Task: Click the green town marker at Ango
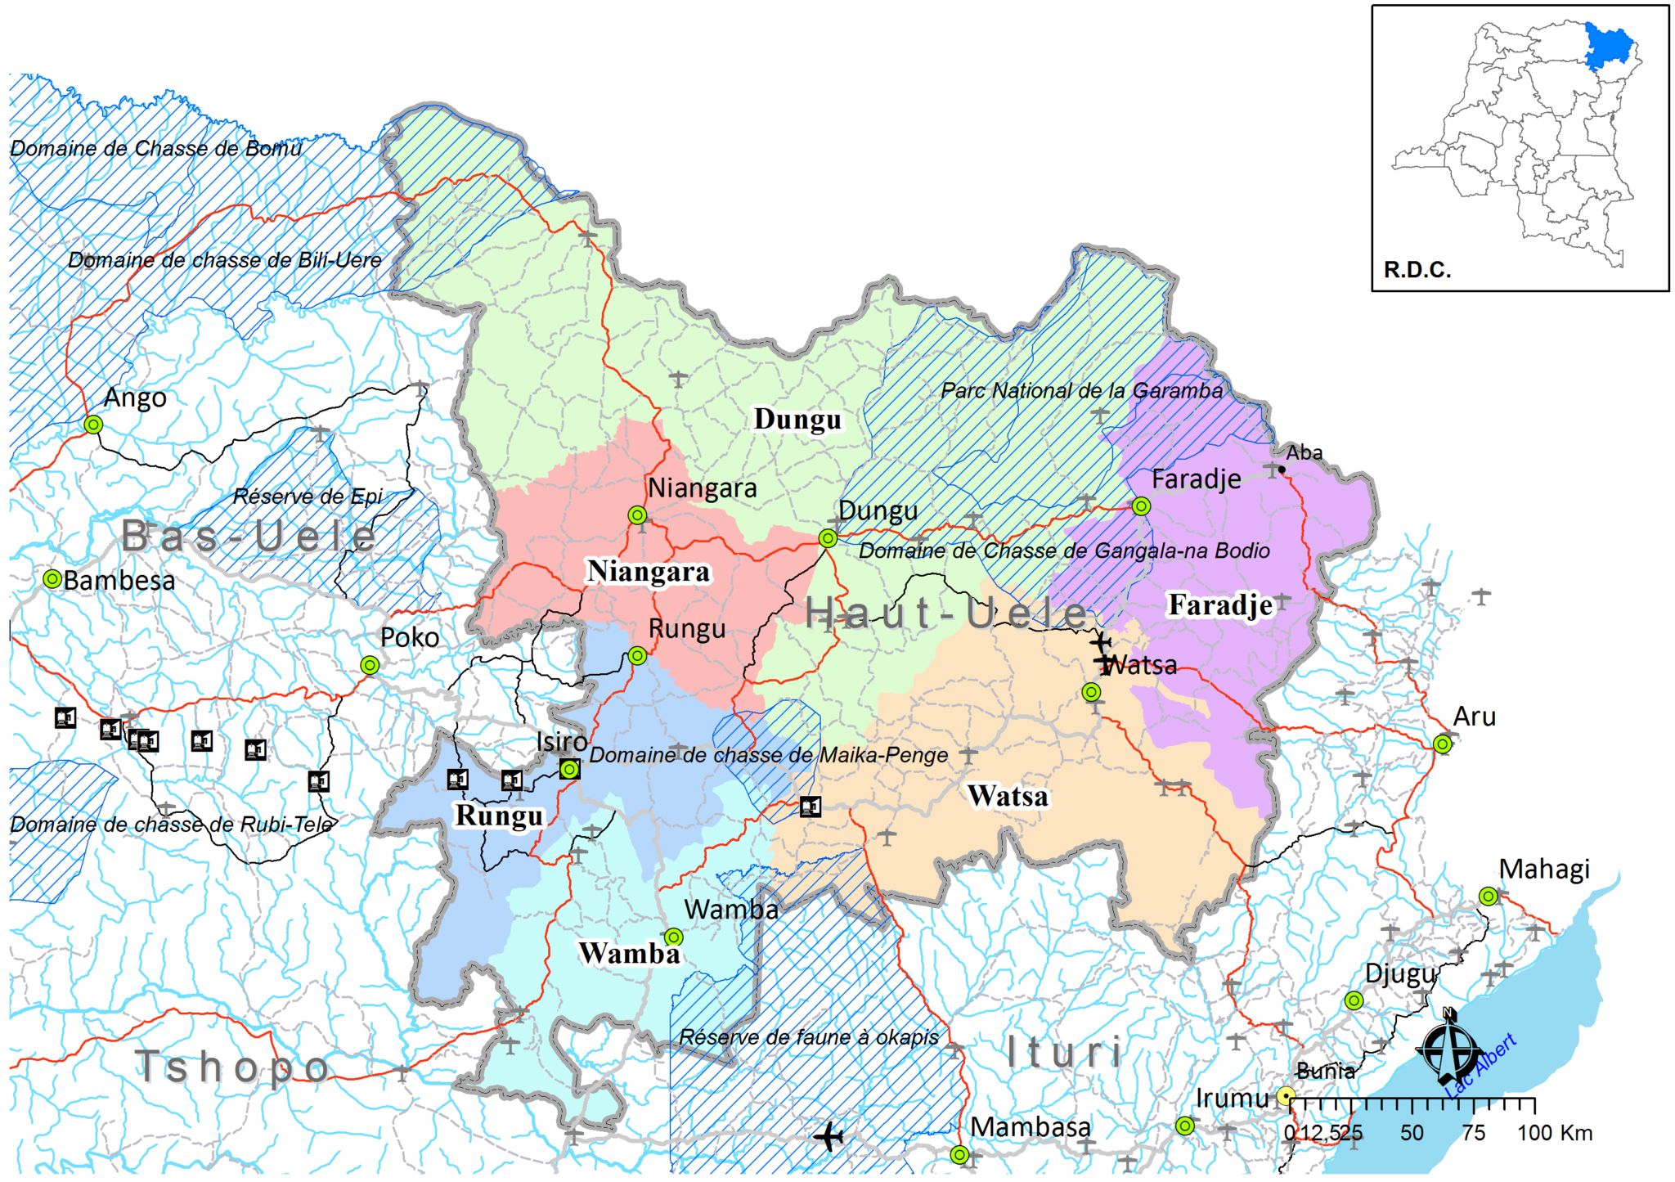[94, 425]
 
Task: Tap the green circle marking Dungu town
[828, 538]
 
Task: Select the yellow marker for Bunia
[1286, 1096]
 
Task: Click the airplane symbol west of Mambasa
[829, 1136]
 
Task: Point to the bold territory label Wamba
[629, 954]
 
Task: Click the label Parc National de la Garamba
[1081, 391]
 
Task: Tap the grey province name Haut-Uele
[946, 613]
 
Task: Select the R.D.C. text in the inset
[1417, 270]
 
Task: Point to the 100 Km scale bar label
[1555, 1133]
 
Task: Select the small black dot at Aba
[1282, 470]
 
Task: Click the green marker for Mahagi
[1489, 897]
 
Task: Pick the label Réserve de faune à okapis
[809, 1038]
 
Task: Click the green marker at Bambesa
[52, 579]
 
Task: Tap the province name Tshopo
[233, 1067]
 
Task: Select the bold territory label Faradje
[1220, 605]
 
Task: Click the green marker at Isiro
[570, 769]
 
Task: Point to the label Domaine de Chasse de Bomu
[155, 149]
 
